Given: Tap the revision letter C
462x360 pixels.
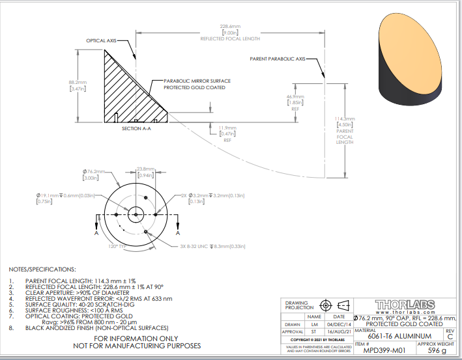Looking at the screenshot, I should click(449, 337).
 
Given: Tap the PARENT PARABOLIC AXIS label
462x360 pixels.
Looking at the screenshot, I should click(277, 59).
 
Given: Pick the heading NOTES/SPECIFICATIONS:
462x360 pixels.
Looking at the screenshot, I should click(42, 269).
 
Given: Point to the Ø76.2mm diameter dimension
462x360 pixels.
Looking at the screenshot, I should click(90, 172).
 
